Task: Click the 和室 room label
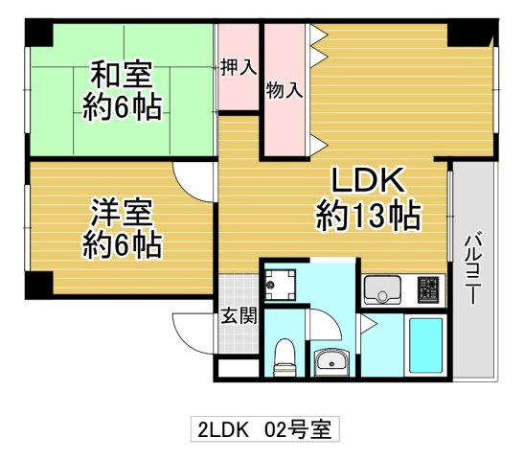pos(121,75)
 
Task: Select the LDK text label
pos(370,181)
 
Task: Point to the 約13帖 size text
pos(369,217)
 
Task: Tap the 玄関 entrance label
pos(238,315)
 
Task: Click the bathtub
pos(424,346)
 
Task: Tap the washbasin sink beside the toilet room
pos(334,362)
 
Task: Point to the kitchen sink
pos(385,287)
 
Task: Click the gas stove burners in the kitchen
pos(428,287)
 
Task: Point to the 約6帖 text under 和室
pos(121,108)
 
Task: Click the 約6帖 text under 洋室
pos(121,245)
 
